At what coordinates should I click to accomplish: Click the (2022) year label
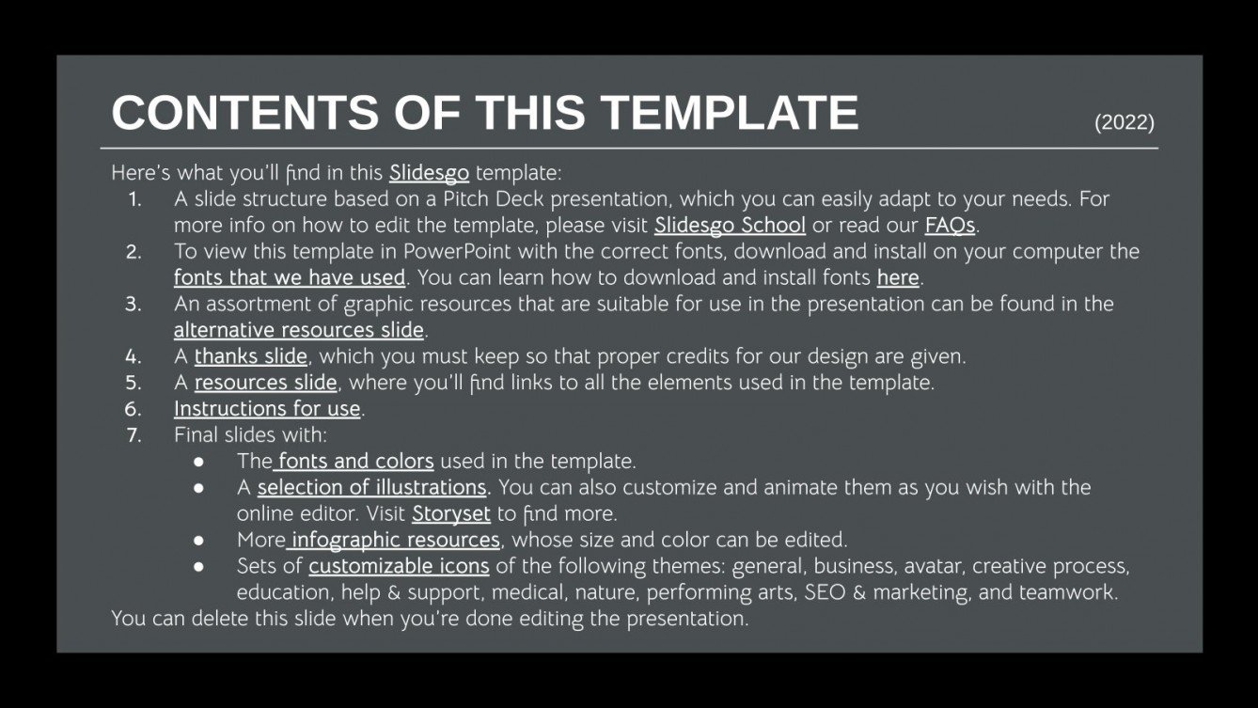click(1124, 122)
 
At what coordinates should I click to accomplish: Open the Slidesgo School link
click(730, 226)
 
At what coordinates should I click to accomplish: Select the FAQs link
click(950, 226)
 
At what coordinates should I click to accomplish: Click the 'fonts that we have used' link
click(290, 278)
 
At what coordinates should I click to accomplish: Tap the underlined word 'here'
click(898, 278)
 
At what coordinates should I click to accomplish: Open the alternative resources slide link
click(299, 331)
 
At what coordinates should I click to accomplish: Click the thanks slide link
click(251, 357)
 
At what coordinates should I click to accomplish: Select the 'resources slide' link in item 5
click(265, 383)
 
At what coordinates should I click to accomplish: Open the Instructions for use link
click(267, 409)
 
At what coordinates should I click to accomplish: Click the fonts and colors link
click(355, 462)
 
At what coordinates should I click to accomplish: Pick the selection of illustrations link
click(372, 488)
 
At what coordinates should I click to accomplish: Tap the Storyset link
click(451, 514)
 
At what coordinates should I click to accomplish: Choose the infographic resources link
click(395, 541)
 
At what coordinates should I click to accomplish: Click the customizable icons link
click(399, 567)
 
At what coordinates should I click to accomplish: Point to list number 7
click(134, 435)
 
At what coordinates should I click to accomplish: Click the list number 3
click(134, 305)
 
